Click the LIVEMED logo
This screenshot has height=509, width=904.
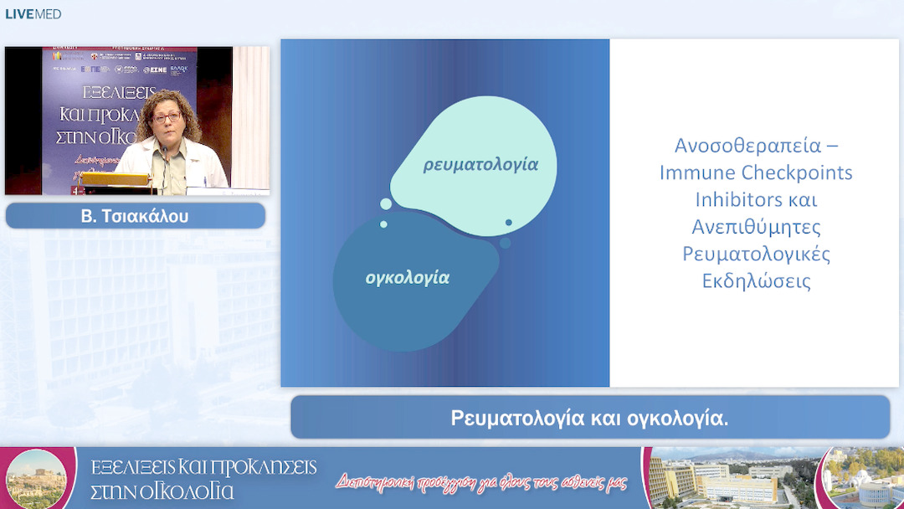coord(33,14)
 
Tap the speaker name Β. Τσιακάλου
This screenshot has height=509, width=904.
coord(135,217)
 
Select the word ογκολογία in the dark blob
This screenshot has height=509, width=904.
coord(408,278)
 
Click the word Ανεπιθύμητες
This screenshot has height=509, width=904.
coord(756,227)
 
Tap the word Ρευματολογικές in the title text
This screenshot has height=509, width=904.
coord(756,254)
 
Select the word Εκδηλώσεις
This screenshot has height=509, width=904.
coord(756,280)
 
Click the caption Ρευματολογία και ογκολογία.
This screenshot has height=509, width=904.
coord(589,418)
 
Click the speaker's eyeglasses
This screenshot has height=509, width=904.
coord(167,117)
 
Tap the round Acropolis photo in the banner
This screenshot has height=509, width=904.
coord(35,480)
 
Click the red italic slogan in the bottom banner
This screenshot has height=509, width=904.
coord(481,482)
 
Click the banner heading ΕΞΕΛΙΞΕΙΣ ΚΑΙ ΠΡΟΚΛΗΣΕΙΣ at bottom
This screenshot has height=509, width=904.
coord(203,467)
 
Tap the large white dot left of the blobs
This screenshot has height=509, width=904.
coord(386,203)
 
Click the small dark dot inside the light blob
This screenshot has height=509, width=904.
coord(508,223)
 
